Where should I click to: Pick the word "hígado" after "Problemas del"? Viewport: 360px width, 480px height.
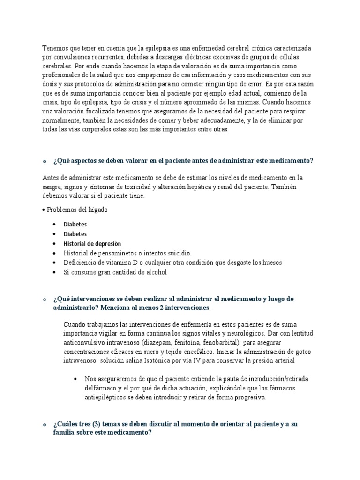coord(97,210)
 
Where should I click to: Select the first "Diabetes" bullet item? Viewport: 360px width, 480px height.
coord(75,225)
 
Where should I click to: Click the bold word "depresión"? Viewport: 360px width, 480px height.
coord(107,244)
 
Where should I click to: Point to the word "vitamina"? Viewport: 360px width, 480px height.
coord(114,262)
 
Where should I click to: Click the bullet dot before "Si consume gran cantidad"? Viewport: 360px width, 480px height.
coord(55,272)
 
